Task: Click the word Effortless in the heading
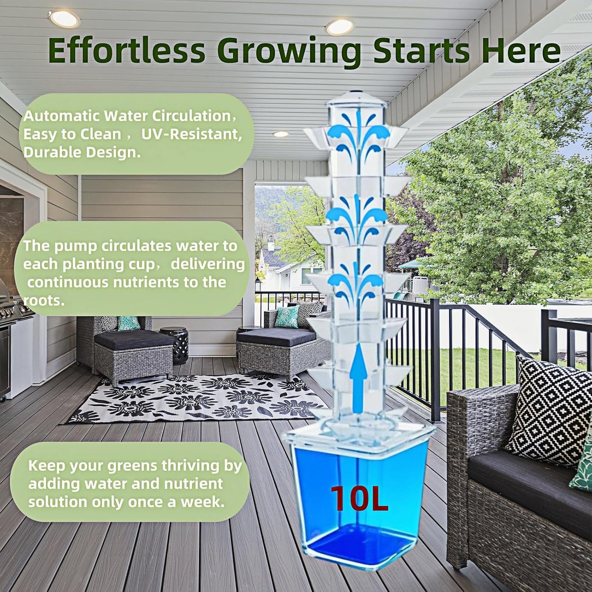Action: [126, 50]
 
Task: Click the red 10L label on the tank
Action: [359, 499]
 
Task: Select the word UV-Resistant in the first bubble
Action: [191, 134]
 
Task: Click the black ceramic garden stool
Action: [175, 345]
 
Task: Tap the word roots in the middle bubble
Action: [43, 300]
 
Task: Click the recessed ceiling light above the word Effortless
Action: [64, 18]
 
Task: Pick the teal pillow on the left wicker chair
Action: [129, 323]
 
